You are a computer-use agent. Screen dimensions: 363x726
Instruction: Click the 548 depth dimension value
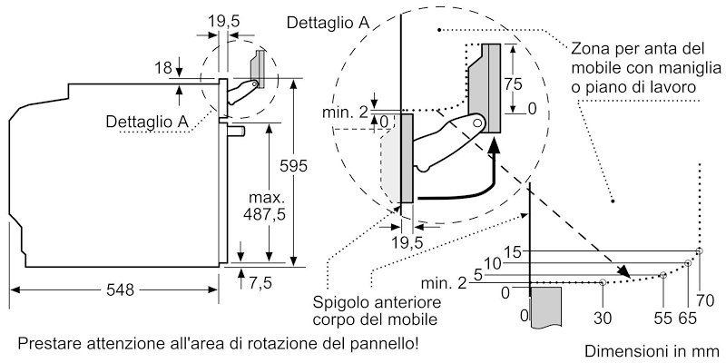click(119, 289)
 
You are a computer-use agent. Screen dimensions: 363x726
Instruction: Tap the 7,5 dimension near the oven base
click(261, 283)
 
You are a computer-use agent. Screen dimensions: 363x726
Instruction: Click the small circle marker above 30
click(603, 282)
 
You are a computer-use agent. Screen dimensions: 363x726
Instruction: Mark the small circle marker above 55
click(663, 273)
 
